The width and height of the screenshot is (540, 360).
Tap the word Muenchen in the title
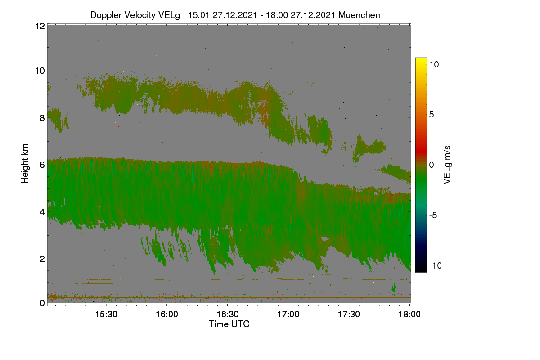pos(359,15)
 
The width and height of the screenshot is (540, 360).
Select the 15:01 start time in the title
pos(198,15)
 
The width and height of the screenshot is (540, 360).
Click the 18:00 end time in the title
pos(277,15)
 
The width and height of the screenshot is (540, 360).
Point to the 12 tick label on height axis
pos(40,26)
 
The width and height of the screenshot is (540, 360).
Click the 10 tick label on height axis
pos(40,71)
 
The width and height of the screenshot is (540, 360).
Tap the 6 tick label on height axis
pos(42,165)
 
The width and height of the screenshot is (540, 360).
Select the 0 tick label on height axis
pos(42,303)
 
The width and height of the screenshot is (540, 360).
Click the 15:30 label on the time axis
pos(106,315)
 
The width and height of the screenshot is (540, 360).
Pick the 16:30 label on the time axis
pos(228,315)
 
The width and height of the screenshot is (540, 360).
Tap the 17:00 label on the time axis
pos(288,315)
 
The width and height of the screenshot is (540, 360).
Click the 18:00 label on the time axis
pos(409,315)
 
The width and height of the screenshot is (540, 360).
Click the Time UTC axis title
pos(229,324)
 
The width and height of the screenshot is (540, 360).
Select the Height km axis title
pos(25,164)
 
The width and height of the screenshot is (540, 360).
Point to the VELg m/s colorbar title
pos(447,165)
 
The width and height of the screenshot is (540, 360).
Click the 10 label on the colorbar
pos(434,64)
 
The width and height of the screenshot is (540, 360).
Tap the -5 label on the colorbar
pos(433,215)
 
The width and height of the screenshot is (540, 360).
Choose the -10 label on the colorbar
pos(436,265)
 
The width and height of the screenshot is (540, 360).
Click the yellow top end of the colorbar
pos(421,59)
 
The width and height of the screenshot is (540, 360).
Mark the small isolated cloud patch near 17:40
pos(369,148)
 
